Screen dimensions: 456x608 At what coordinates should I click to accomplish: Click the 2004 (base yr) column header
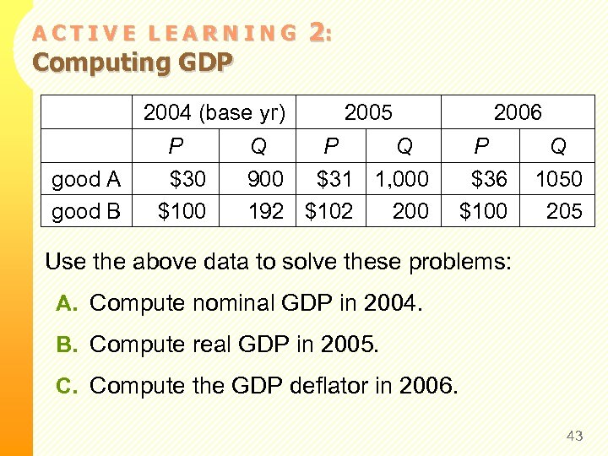(214, 112)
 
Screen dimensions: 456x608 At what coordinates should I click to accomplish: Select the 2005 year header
(368, 112)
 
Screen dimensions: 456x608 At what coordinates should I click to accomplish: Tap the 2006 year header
(518, 112)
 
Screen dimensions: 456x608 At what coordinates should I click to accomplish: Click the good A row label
(86, 179)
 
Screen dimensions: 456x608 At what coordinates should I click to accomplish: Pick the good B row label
(86, 211)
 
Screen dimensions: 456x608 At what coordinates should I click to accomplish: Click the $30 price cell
(187, 179)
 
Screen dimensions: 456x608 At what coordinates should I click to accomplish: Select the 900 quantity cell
(265, 179)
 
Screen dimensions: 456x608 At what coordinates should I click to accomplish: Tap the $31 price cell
(334, 179)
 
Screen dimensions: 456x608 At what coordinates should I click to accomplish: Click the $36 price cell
(489, 179)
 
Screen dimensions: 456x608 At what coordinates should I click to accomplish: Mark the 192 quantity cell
(266, 211)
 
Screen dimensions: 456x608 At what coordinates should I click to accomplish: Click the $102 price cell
(328, 211)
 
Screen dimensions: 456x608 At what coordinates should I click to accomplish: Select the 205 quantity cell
(564, 211)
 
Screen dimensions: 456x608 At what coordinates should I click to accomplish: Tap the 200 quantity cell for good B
(410, 211)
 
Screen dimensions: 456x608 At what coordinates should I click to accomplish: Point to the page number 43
(575, 436)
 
